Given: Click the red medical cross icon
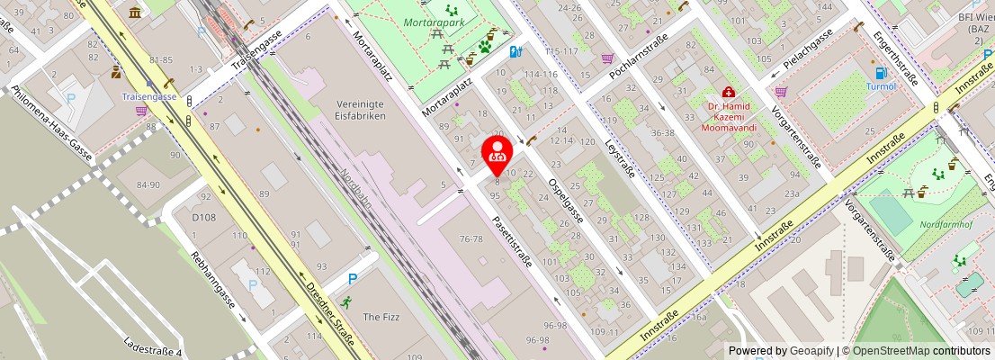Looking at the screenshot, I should [x=728, y=92].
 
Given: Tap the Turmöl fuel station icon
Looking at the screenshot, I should [x=880, y=73].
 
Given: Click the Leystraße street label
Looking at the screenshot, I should [x=621, y=157].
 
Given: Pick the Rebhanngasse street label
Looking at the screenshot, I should [x=212, y=279].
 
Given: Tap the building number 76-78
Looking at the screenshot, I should [x=471, y=238].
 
